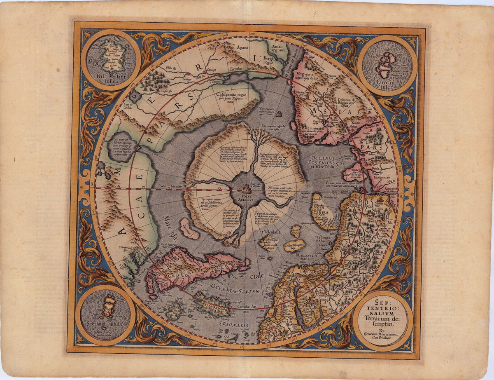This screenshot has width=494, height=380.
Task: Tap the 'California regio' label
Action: [233, 96]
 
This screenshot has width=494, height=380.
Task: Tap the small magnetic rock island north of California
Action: [280, 114]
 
